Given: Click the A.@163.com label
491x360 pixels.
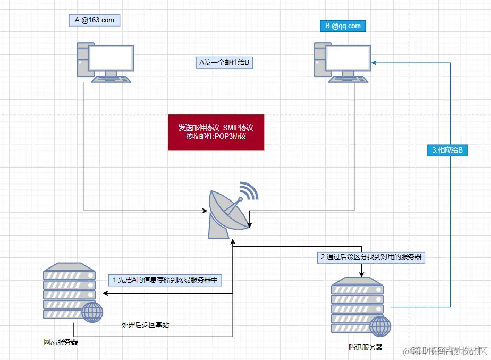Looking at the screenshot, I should tap(94, 20).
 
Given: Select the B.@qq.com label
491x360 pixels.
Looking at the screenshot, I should tap(342, 25).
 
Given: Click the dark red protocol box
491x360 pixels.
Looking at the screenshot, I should tap(216, 132).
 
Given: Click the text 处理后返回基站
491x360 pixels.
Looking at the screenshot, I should tap(145, 324).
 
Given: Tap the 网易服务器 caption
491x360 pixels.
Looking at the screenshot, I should tap(61, 342).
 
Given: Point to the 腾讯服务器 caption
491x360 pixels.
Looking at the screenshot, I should tap(366, 347).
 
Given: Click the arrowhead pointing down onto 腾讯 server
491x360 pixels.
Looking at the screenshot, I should tap(362, 275).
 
